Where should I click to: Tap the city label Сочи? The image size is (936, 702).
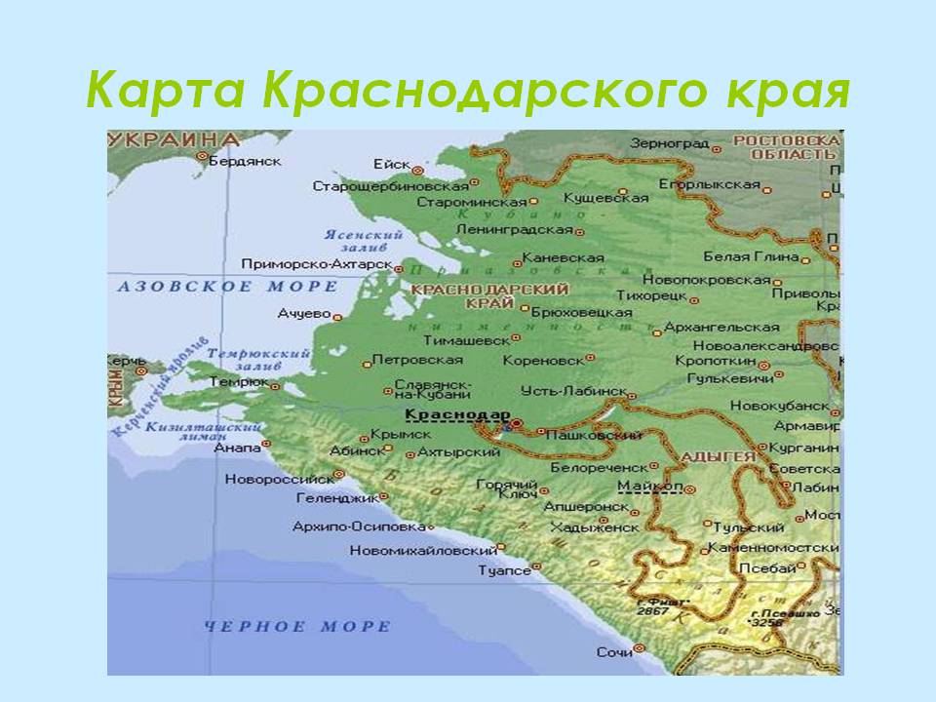click(x=613, y=652)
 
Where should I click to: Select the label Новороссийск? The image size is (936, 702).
click(x=279, y=479)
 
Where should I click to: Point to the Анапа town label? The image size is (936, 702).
click(x=237, y=447)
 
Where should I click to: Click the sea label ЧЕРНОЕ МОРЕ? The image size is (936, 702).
click(x=297, y=627)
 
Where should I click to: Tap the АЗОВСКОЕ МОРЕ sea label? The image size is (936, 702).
click(x=228, y=287)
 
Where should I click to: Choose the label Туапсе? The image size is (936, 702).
click(x=503, y=570)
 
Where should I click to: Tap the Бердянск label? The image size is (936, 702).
click(x=246, y=160)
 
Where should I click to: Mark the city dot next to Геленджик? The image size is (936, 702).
click(x=384, y=497)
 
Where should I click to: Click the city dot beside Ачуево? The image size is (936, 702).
click(x=337, y=316)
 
